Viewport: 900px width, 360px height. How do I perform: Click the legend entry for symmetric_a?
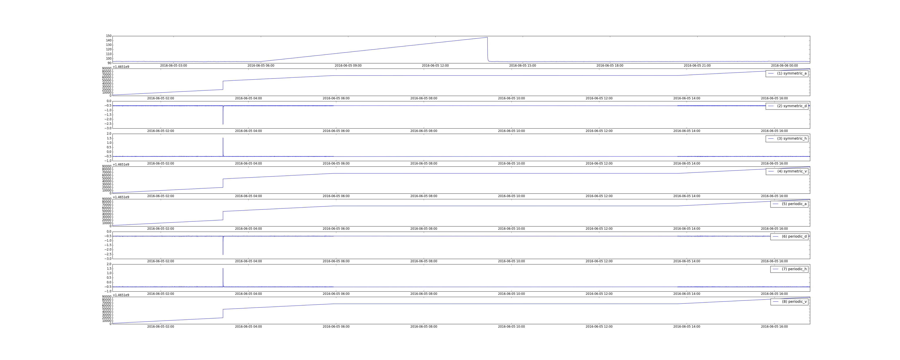point(787,73)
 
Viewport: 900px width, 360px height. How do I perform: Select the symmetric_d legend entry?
point(787,106)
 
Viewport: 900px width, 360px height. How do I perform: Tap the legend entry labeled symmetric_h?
point(787,138)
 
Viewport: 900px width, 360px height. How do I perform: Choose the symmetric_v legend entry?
point(787,171)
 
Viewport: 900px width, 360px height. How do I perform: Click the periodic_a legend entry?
point(789,204)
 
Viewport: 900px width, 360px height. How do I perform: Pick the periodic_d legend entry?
point(789,236)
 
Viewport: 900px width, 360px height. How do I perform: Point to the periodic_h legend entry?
point(789,269)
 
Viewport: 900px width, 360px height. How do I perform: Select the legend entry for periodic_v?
point(789,302)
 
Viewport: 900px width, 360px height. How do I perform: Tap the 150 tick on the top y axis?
point(109,36)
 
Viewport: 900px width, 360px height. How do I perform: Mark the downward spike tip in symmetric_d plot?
point(223,124)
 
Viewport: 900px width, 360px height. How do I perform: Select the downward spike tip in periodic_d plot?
point(223,255)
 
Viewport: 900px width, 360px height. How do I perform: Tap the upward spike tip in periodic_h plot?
point(223,268)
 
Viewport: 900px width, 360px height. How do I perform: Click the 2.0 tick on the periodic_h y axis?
point(109,264)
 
